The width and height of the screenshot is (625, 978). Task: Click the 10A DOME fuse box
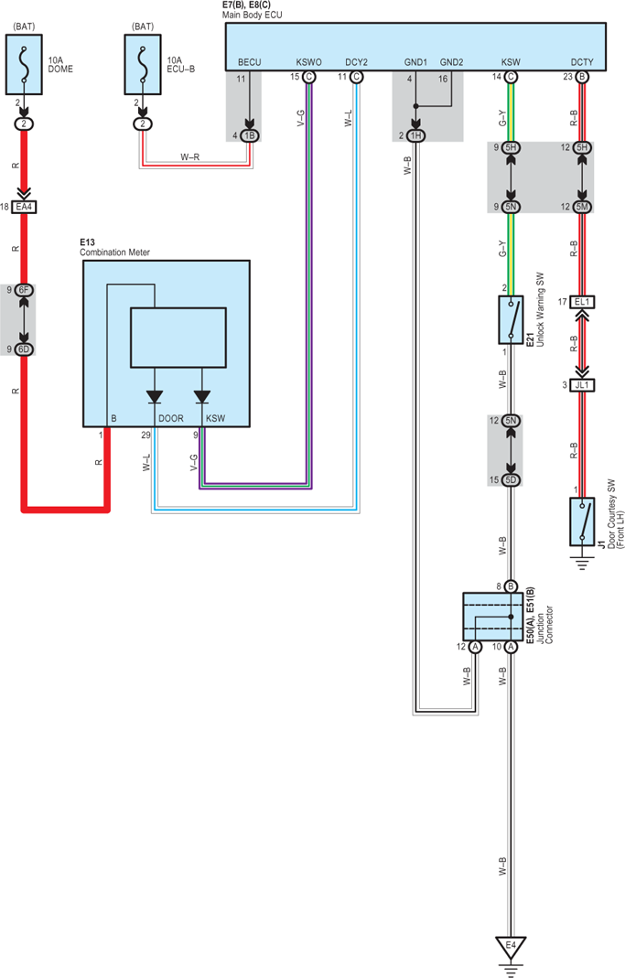pos(25,64)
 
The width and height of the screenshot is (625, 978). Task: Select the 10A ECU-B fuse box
pos(143,64)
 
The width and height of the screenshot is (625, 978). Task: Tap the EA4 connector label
pos(25,207)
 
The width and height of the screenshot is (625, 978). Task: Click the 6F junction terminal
pos(25,290)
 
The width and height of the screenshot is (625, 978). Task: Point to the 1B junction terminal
pos(250,136)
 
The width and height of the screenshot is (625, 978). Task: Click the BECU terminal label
pos(250,62)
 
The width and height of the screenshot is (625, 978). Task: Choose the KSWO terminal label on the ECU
pos(308,62)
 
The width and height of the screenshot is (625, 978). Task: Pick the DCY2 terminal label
pos(356,62)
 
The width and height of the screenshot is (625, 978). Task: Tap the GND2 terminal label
pos(452,62)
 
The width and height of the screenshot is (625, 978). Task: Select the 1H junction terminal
pos(416,136)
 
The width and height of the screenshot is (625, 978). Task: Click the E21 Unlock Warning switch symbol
pos(511,320)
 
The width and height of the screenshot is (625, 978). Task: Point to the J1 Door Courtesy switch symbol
pos(582,521)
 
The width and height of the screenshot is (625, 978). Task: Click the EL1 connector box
pos(582,302)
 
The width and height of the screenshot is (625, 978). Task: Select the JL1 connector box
pos(582,385)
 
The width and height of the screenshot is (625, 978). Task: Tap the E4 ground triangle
pos(511,947)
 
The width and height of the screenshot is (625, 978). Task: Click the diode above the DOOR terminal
pos(154,397)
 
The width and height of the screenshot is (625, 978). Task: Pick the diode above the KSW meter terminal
pos(202,397)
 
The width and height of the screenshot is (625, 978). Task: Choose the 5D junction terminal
pos(511,479)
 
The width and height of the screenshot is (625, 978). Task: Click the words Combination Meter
pos(114,253)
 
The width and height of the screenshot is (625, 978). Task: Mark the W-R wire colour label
pos(190,157)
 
